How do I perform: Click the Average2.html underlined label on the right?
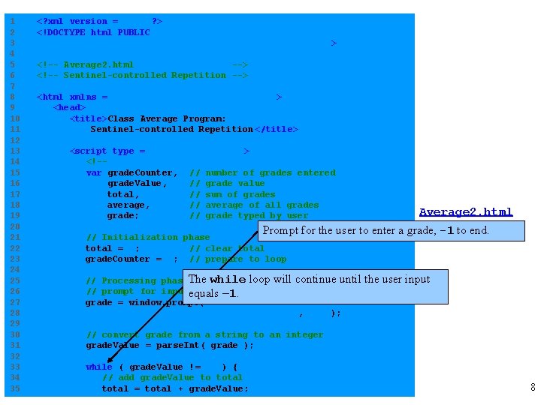tap(466, 212)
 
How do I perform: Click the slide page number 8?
tap(533, 388)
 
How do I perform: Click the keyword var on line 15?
tap(94, 172)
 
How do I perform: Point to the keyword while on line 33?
tap(99, 367)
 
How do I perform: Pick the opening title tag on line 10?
tap(89, 118)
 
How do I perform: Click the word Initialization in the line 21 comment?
tap(145, 237)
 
